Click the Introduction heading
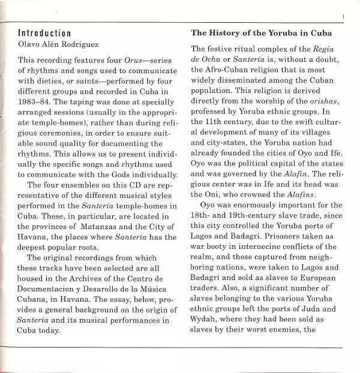(45, 33)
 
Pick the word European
(323, 276)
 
